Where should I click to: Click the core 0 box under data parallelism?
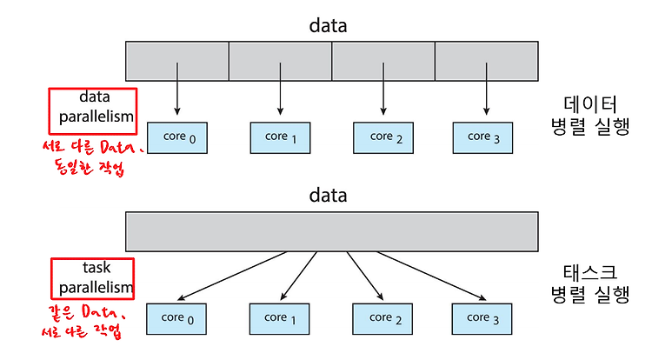click(x=177, y=138)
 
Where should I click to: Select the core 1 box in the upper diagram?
click(x=280, y=138)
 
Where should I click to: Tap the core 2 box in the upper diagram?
click(x=383, y=138)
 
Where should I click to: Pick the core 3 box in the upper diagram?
click(x=482, y=138)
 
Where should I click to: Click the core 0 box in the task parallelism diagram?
click(x=176, y=319)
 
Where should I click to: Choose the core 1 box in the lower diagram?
click(x=279, y=319)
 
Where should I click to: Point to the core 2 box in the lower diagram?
click(x=383, y=319)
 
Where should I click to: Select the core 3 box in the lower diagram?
click(x=482, y=319)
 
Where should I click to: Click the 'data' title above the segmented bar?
click(x=328, y=25)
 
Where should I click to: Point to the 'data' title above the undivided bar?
click(x=328, y=195)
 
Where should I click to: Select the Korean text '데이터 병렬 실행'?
click(x=590, y=116)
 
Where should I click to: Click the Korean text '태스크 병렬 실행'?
click(x=590, y=284)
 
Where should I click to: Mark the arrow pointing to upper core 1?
click(x=280, y=89)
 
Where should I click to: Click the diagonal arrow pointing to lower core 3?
click(x=431, y=276)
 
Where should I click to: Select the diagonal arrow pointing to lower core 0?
click(x=232, y=276)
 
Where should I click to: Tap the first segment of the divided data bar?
click(x=177, y=61)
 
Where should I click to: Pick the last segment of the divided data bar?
click(x=487, y=61)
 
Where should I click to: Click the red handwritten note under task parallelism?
click(x=83, y=322)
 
